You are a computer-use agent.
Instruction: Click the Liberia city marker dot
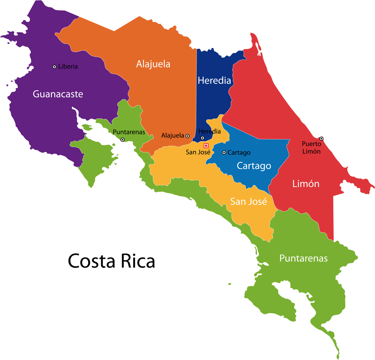[54, 67]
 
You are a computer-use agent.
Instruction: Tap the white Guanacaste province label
[58, 94]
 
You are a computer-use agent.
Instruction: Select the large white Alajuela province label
[153, 64]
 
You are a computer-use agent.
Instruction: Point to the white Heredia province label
[214, 80]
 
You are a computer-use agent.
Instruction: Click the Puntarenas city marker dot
[122, 139]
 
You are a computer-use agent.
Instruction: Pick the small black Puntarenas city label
[129, 132]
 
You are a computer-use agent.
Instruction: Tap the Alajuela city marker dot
[187, 136]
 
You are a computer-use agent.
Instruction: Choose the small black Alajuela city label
[172, 136]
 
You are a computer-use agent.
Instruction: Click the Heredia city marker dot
[202, 138]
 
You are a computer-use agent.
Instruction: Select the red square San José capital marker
[206, 145]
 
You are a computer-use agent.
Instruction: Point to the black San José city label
[198, 152]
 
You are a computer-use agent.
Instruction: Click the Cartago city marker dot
[224, 152]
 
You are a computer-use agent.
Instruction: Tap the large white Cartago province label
[254, 166]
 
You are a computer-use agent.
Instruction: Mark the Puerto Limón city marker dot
[321, 139]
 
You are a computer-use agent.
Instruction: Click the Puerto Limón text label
[311, 148]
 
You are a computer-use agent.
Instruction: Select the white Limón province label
[306, 184]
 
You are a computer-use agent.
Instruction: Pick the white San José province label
[248, 202]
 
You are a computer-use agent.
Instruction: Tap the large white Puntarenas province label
[303, 258]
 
